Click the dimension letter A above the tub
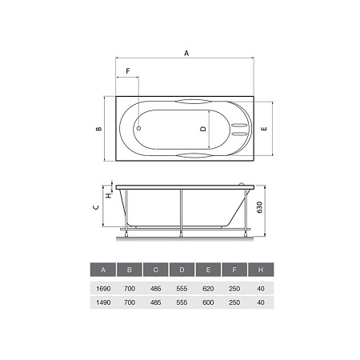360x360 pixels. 186,53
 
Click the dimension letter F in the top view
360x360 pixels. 128,71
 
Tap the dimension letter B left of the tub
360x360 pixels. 99,129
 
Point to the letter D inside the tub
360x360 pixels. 203,129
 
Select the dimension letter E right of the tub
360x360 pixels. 264,129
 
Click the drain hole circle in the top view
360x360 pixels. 138,129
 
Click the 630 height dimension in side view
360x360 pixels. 259,207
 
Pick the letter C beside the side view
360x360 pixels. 96,207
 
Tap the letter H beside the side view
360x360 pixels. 109,195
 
